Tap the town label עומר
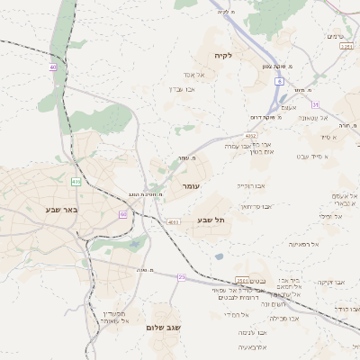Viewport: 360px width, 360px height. coord(190,186)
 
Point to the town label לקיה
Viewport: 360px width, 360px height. coord(223,55)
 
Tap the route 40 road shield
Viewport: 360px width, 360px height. coord(53,67)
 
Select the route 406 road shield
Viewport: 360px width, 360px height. coord(76,183)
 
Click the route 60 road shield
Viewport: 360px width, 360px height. coord(122,214)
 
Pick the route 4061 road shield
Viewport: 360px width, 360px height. coord(174,221)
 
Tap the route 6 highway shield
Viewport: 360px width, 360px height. coord(280,81)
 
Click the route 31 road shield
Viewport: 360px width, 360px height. coord(315,104)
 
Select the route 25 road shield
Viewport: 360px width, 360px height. coord(181,276)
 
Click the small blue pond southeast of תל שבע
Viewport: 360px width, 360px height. coord(219,256)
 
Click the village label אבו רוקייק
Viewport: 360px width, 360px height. coord(251,185)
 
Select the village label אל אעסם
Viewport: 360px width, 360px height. coord(345,195)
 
